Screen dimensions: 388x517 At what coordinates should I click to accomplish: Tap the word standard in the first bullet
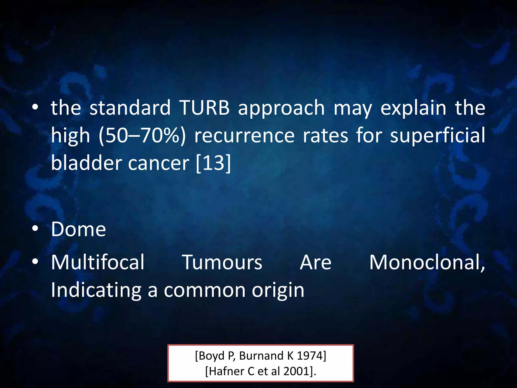(x=130, y=108)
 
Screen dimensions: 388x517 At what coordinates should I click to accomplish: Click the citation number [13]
(x=214, y=163)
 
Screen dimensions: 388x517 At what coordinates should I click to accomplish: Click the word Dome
(x=79, y=229)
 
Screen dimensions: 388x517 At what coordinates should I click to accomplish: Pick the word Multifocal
(x=98, y=262)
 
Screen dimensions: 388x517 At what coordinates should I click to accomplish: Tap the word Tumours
(x=222, y=262)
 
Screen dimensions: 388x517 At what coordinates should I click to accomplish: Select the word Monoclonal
(x=427, y=262)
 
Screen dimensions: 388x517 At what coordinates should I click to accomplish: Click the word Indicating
(x=96, y=290)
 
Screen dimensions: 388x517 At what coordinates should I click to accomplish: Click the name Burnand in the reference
(x=262, y=356)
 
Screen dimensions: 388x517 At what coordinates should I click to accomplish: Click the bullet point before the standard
(x=35, y=107)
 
